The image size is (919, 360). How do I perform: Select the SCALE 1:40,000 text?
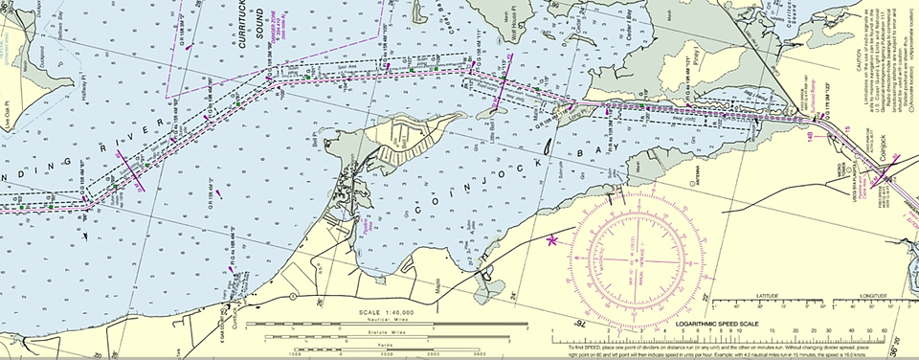[388, 312]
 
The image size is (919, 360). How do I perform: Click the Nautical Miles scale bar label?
[388, 320]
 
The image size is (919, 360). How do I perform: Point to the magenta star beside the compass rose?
[551, 240]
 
